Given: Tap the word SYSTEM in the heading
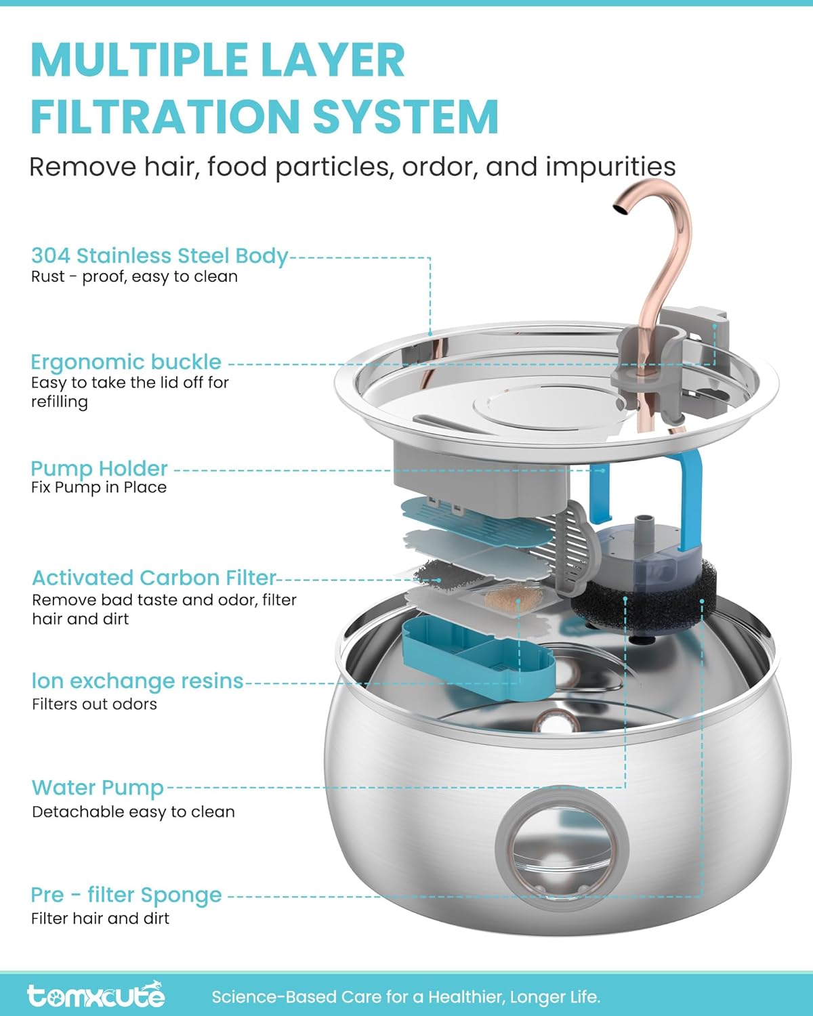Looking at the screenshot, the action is (405, 117).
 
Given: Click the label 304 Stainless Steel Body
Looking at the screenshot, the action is (160, 256).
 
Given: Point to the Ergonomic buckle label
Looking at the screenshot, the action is (126, 362).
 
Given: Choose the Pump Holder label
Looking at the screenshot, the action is (99, 469).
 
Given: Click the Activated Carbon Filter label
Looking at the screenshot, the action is (154, 578).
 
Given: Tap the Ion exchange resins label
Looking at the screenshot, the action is (138, 681).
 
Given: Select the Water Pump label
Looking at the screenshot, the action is (98, 788).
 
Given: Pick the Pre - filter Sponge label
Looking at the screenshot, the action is (127, 895).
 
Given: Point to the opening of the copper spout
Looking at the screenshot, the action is (621, 209).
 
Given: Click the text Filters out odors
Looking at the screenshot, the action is (94, 704).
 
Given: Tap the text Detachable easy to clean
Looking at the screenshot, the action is (133, 812).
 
